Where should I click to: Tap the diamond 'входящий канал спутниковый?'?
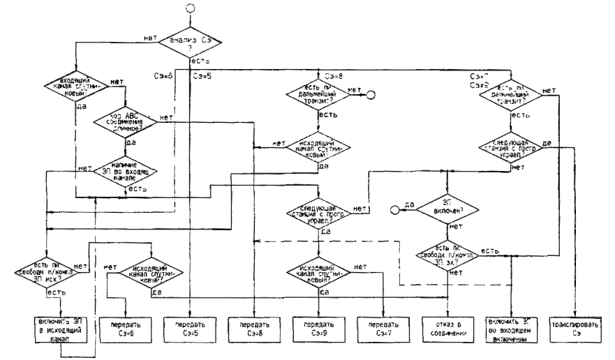point(75,89)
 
